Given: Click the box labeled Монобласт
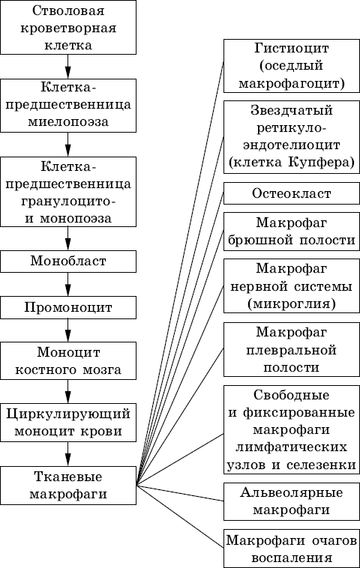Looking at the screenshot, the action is pyautogui.click(x=68, y=262).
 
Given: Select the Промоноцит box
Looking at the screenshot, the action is pyautogui.click(x=68, y=307).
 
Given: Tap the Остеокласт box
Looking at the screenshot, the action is pyautogui.click(x=292, y=193).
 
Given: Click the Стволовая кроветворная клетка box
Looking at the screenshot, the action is pyautogui.click(x=68, y=27).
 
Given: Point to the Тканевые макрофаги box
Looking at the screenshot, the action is pyautogui.click(x=68, y=486).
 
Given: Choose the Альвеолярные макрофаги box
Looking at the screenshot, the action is pyautogui.click(x=292, y=501).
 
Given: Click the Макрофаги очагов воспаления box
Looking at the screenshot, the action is pyautogui.click(x=292, y=548).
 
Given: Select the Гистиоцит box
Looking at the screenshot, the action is pyautogui.click(x=292, y=66).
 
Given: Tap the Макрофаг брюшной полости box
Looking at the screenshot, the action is pyautogui.click(x=292, y=232).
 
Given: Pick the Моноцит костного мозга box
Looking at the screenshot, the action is pyautogui.click(x=68, y=360).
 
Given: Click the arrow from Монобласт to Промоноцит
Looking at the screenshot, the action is pyautogui.click(x=67, y=284).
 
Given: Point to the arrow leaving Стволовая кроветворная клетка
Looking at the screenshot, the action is pyautogui.click(x=67, y=67).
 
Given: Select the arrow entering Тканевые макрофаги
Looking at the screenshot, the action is pyautogui.click(x=67, y=454).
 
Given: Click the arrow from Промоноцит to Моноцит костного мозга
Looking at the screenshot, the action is pyautogui.click(x=67, y=330).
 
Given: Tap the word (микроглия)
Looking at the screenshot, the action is pyautogui.click(x=292, y=303).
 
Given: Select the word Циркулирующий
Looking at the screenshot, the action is pyautogui.click(x=68, y=414).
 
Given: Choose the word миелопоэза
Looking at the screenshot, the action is pyautogui.click(x=68, y=121).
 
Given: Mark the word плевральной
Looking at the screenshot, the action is pyautogui.click(x=292, y=351).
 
